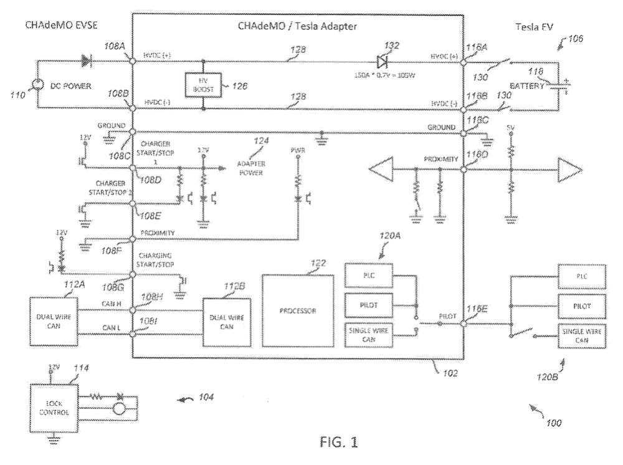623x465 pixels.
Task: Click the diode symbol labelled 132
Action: point(381,61)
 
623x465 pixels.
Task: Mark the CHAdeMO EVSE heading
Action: point(54,26)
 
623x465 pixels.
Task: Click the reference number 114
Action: point(81,368)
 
